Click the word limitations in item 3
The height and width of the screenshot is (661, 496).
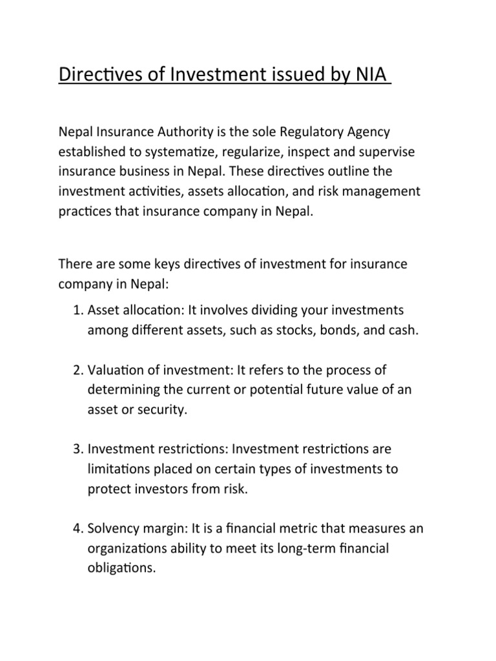click(x=119, y=469)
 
